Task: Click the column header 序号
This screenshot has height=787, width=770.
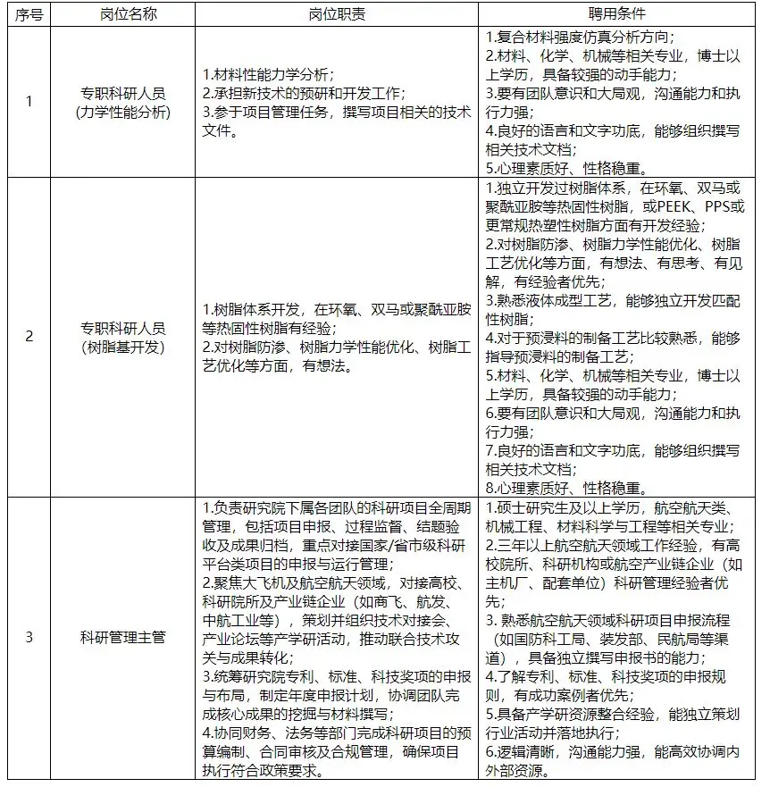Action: point(28,15)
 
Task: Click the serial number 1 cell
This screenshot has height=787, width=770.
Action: point(28,102)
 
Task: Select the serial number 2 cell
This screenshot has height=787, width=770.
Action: point(28,336)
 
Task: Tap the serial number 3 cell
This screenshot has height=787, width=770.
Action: point(28,637)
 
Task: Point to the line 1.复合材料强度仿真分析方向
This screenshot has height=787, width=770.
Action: point(580,37)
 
